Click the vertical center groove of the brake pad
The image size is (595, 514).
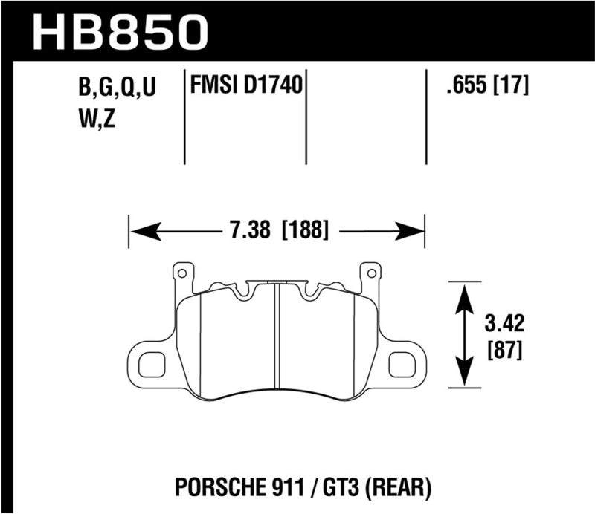tap(276, 334)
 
